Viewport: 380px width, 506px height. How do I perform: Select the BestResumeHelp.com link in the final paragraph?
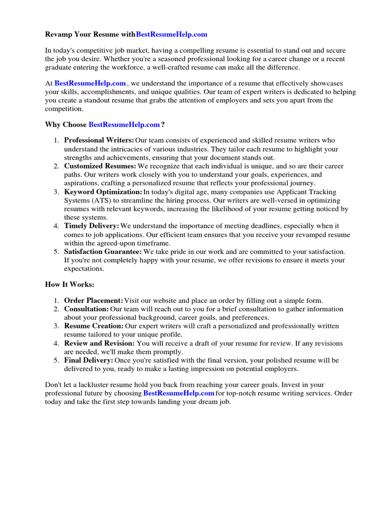[x=179, y=393]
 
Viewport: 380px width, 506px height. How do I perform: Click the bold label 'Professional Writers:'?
[x=99, y=140]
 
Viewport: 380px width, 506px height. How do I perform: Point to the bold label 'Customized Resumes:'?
[x=100, y=166]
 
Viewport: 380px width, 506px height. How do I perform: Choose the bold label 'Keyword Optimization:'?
[x=103, y=192]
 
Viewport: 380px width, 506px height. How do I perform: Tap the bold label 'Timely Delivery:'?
[x=92, y=226]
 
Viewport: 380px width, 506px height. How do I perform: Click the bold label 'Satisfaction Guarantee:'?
[x=103, y=252]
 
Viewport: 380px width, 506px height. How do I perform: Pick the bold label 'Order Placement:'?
[x=94, y=300]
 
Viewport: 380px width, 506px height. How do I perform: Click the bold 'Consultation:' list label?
[x=86, y=309]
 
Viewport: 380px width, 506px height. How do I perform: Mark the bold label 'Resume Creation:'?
[x=94, y=326]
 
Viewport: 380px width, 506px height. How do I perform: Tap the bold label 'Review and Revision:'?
[x=99, y=343]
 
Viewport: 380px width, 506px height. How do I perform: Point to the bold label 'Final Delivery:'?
[x=89, y=360]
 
